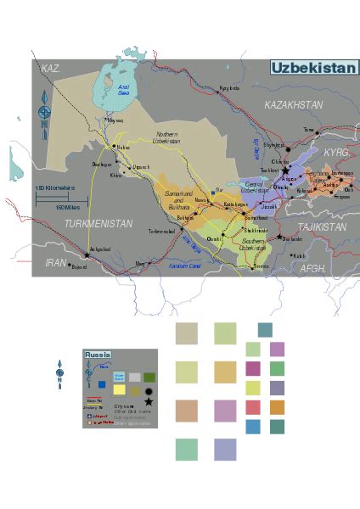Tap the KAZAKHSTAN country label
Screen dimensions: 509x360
pyautogui.click(x=294, y=104)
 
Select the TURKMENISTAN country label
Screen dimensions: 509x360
pyautogui.click(x=98, y=224)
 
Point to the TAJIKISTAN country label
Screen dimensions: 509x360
pyautogui.click(x=322, y=227)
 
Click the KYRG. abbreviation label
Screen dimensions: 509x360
pyautogui.click(x=336, y=151)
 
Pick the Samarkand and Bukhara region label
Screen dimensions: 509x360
pyautogui.click(x=179, y=202)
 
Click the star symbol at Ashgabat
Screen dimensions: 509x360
pyautogui.click(x=87, y=255)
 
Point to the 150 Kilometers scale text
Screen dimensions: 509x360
pyautogui.click(x=55, y=188)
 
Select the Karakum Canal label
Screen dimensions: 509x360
pyautogui.click(x=183, y=266)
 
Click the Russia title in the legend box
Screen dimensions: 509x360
pyautogui.click(x=98, y=355)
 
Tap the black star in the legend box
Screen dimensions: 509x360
pyautogui.click(x=149, y=402)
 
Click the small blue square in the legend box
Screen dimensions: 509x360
pyautogui.click(x=103, y=384)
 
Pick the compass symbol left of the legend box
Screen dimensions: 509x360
pyautogui.click(x=59, y=372)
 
